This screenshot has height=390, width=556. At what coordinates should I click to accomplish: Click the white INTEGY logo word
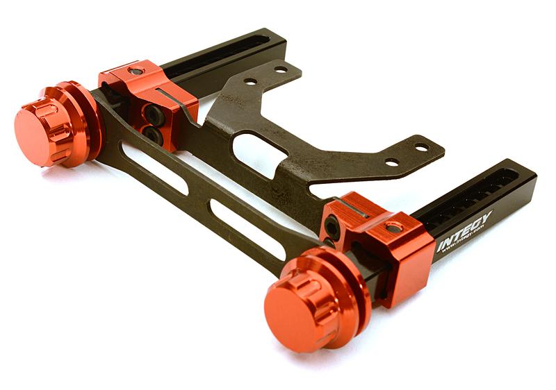tap(464, 232)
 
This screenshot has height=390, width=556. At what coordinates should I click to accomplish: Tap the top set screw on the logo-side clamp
tap(394, 227)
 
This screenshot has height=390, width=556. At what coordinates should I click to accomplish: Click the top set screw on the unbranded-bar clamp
tap(136, 71)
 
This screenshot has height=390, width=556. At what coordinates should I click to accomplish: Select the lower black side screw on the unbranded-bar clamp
tap(153, 134)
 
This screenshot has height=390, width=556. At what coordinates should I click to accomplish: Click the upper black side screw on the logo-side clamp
tap(333, 226)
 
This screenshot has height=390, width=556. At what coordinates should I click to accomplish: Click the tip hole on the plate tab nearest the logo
tap(421, 147)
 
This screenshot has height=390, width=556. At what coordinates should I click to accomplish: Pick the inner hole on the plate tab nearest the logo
tap(393, 162)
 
